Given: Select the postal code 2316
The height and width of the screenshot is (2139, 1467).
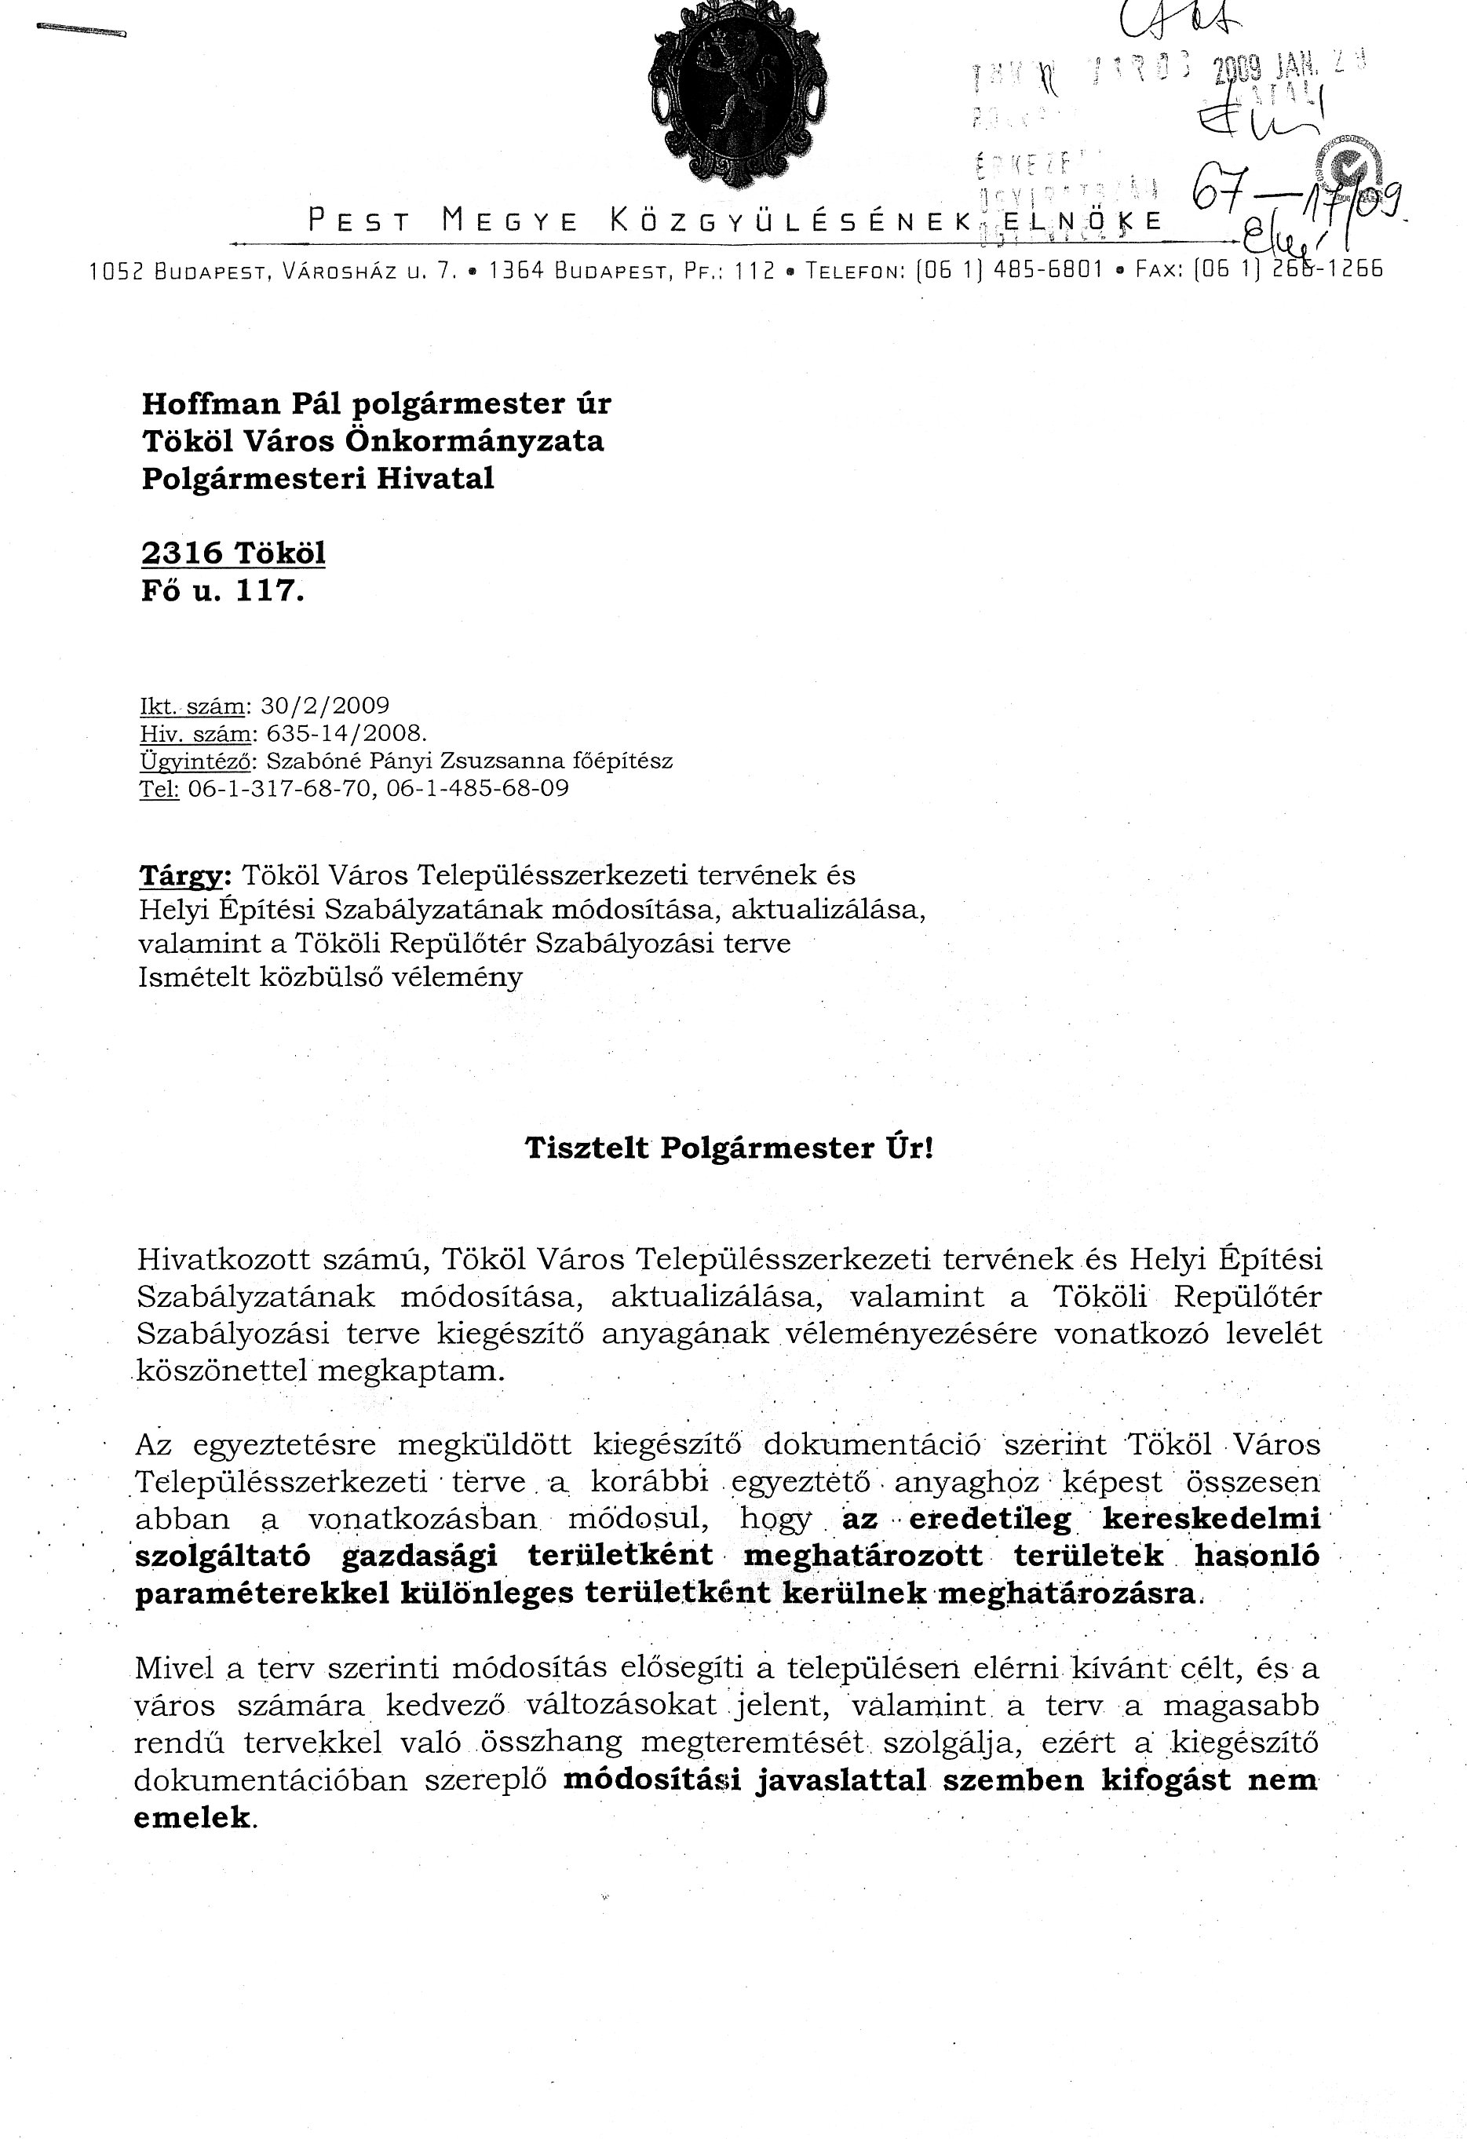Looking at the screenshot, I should coord(182,553).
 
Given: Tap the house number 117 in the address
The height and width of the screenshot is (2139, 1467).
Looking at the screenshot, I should coord(268,590).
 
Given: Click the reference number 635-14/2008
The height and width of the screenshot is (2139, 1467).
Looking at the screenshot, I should coord(346,734).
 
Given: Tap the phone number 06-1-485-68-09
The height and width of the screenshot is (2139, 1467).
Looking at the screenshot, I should coord(479,789).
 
